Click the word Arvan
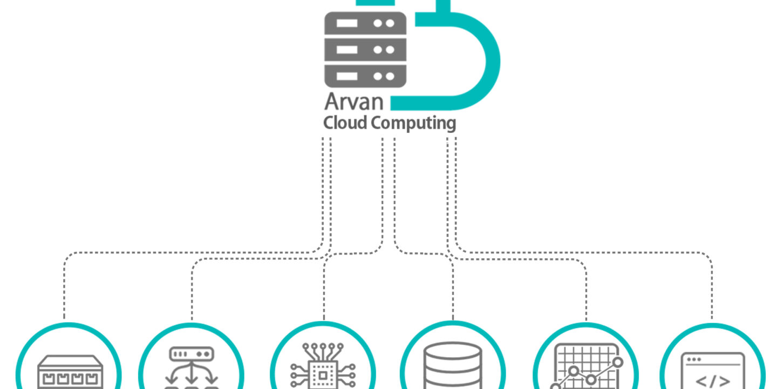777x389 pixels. (x=353, y=103)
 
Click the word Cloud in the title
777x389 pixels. (x=346, y=123)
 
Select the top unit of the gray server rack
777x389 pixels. (x=365, y=24)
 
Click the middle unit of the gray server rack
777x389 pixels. (x=365, y=50)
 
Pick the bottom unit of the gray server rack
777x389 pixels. (x=365, y=75)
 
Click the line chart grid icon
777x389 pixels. (x=587, y=367)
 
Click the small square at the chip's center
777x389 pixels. (x=323, y=374)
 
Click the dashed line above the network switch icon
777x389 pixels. (x=64, y=292)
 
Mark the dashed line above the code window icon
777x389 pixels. (x=712, y=292)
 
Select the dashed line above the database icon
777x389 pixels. (x=452, y=292)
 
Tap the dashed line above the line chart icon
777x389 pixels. (x=586, y=292)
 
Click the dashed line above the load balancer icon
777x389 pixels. (x=192, y=292)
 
